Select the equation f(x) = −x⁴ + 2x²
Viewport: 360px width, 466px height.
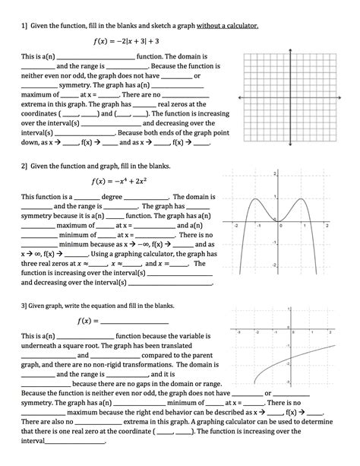click(125, 181)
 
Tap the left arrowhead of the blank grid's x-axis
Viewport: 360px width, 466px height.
click(238, 98)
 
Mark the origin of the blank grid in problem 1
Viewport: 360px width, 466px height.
click(290, 98)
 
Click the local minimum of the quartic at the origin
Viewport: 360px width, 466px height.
click(281, 221)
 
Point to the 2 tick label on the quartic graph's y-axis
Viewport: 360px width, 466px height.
click(276, 176)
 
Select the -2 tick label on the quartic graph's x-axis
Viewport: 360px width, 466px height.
click(237, 227)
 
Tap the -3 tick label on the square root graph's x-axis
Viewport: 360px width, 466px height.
click(238, 331)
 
